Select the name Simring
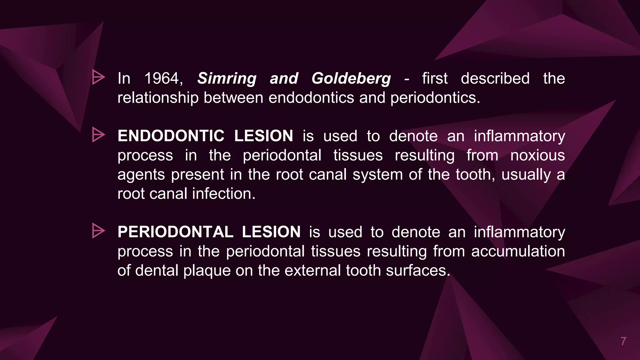[x=227, y=78]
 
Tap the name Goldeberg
[x=351, y=78]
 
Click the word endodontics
[x=311, y=98]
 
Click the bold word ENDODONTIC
[x=171, y=136]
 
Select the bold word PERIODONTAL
[x=175, y=232]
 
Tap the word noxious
[x=537, y=155]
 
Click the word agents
[x=141, y=175]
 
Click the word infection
[x=223, y=194]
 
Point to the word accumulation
[x=518, y=251]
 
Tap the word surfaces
[x=418, y=271]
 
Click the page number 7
[x=623, y=341]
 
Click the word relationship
[x=158, y=98]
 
